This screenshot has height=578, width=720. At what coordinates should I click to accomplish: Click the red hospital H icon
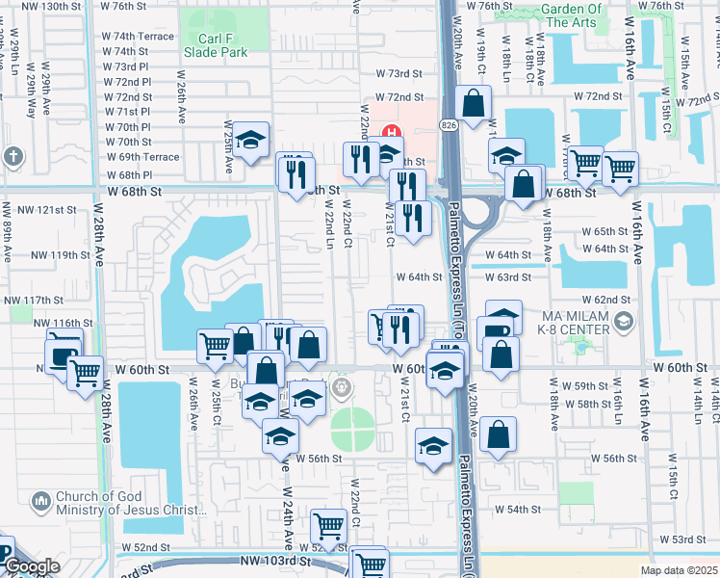[x=392, y=133]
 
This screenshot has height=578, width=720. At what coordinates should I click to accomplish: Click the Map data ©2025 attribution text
[x=679, y=570]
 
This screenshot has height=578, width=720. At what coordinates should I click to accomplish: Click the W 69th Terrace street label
[x=142, y=157]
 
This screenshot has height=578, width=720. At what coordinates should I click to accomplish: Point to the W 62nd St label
[x=605, y=301]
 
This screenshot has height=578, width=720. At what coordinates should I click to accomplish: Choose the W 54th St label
[x=517, y=509]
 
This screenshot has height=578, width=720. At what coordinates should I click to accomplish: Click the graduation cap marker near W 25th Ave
[x=250, y=141]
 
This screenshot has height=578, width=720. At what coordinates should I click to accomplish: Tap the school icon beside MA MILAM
[x=624, y=321]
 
